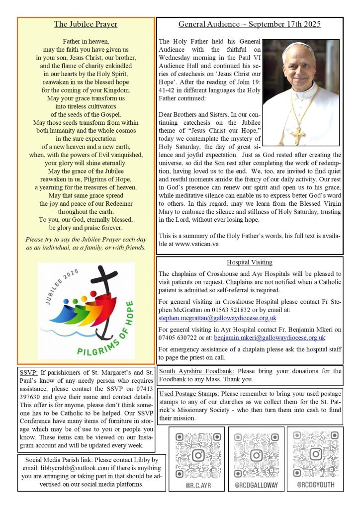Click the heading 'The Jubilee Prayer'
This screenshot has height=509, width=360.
tap(86, 24)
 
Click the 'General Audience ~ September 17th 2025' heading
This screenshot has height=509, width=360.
tap(250, 24)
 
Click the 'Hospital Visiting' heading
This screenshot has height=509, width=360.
tap(249, 262)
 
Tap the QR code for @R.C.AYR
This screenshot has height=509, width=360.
tap(198, 454)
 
